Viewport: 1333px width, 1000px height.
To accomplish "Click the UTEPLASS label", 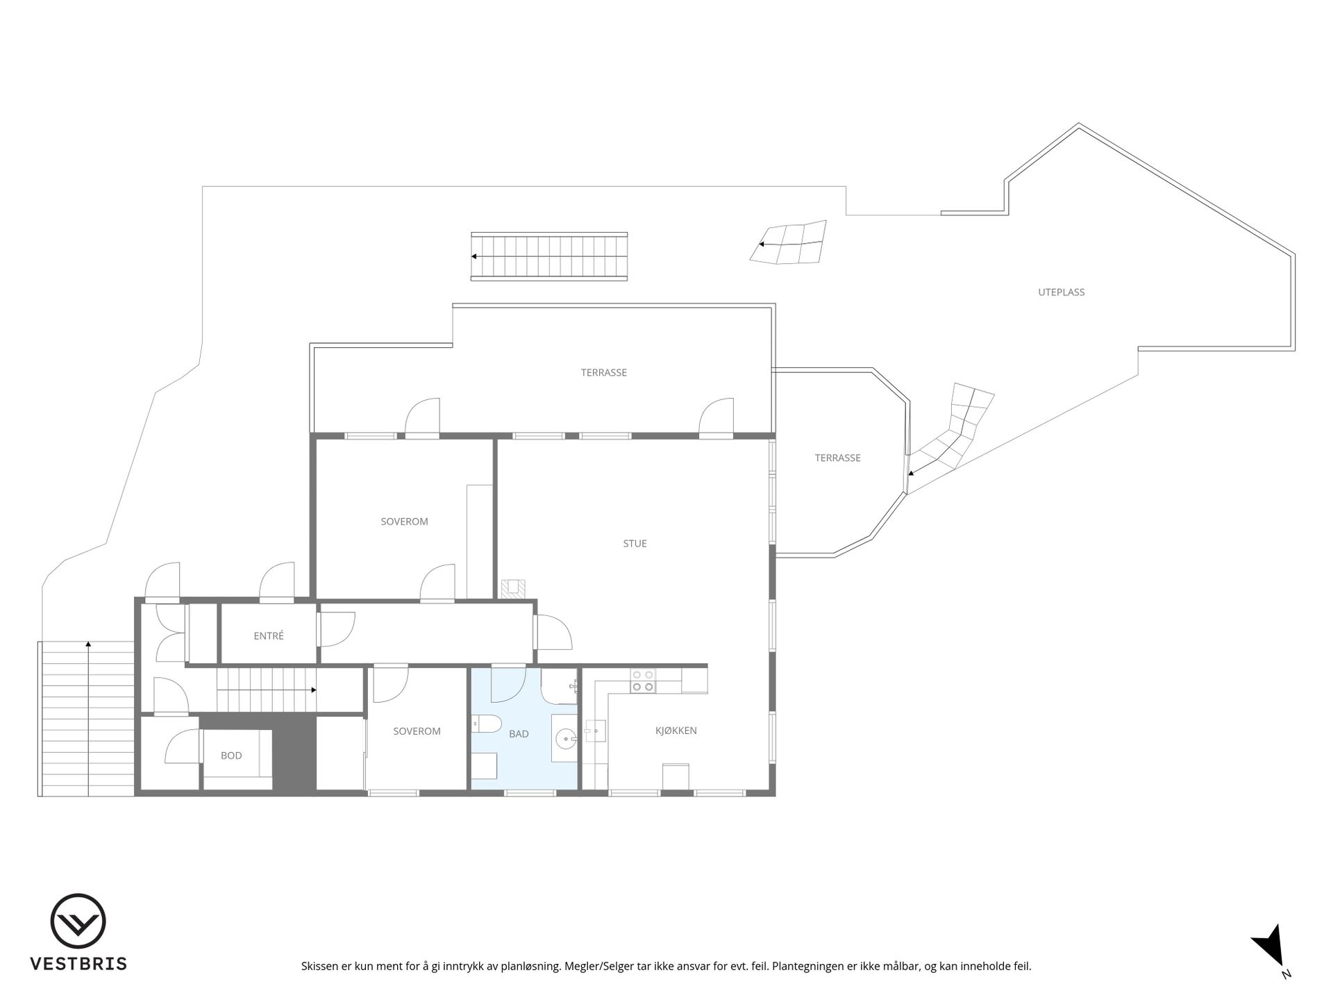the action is pos(1061,292).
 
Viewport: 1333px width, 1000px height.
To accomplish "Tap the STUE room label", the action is pos(635,544).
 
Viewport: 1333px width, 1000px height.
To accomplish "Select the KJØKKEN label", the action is pos(676,731).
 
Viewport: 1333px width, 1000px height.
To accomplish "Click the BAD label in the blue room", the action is pos(519,733).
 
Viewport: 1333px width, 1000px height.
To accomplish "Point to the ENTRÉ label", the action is pos(269,635).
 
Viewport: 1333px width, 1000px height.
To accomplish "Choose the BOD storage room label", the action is pos(231,756).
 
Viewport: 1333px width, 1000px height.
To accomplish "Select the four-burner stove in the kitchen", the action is pos(643,681).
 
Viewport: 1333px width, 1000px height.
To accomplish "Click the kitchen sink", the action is pos(595,731).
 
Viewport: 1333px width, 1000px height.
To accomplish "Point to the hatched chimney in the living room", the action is pos(514,588).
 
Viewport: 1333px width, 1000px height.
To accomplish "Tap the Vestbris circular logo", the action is pos(78,921).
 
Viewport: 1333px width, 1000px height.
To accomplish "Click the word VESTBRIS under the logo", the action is pos(78,964).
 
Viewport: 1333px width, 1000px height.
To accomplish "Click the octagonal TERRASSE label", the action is pos(837,458).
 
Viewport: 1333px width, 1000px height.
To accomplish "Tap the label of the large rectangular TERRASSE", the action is pos(603,373).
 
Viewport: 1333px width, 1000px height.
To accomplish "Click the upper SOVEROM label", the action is pos(404,522).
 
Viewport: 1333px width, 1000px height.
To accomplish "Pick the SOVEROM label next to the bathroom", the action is pos(417,731).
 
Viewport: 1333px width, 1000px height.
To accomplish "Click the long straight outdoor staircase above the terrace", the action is pos(548,256).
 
